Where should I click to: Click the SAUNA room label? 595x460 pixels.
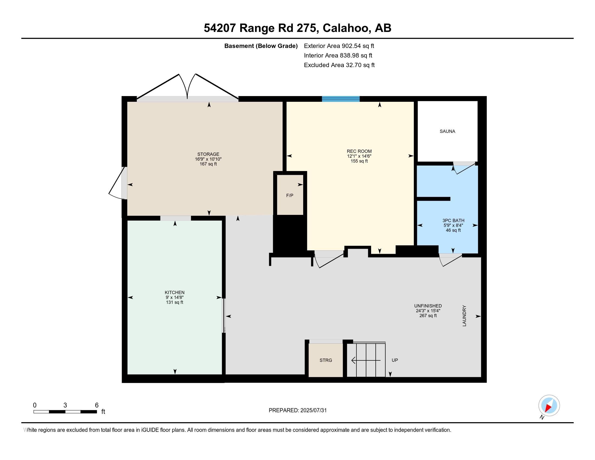click(447, 131)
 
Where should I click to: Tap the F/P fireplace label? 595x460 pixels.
click(290, 195)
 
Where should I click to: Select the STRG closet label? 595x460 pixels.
click(326, 360)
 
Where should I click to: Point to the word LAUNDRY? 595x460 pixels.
click(464, 316)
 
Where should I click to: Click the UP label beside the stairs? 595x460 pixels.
click(395, 360)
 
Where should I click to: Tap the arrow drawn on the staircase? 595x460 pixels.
click(366, 360)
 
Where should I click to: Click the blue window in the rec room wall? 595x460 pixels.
click(341, 99)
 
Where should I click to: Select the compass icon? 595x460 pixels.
click(549, 405)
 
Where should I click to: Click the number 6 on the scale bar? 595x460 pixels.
click(97, 405)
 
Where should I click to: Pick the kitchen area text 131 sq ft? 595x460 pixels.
click(175, 302)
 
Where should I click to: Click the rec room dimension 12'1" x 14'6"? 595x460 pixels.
click(359, 156)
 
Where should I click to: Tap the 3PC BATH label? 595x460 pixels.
click(453, 221)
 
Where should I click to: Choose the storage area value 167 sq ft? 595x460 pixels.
click(208, 164)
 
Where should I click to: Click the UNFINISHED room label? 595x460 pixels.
click(428, 306)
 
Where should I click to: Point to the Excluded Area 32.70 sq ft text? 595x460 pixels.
click(339, 65)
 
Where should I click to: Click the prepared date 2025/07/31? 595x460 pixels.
click(313, 410)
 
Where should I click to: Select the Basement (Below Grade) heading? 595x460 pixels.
click(261, 46)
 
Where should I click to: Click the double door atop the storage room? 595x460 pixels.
click(187, 86)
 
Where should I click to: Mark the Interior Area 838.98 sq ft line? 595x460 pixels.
click(338, 55)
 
